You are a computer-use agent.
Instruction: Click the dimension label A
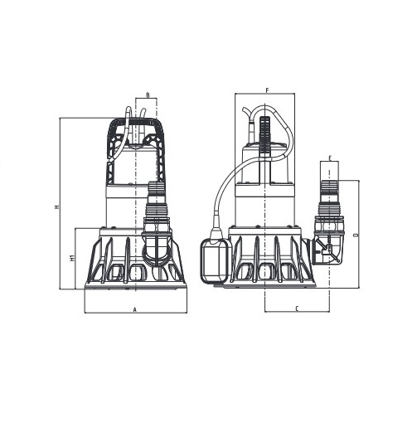pyautogui.click(x=134, y=310)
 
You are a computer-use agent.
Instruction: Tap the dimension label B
pyautogui.click(x=148, y=95)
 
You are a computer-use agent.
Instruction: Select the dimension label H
pyautogui.click(x=57, y=206)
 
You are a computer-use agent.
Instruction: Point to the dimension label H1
pyautogui.click(x=72, y=258)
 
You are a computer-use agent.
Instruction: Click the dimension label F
pyautogui.click(x=268, y=90)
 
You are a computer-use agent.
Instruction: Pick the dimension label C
pyautogui.click(x=297, y=309)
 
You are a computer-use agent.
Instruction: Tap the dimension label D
pyautogui.click(x=357, y=235)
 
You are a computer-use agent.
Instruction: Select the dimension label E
pyautogui.click(x=330, y=158)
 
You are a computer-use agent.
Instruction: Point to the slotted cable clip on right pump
pyautogui.click(x=264, y=135)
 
